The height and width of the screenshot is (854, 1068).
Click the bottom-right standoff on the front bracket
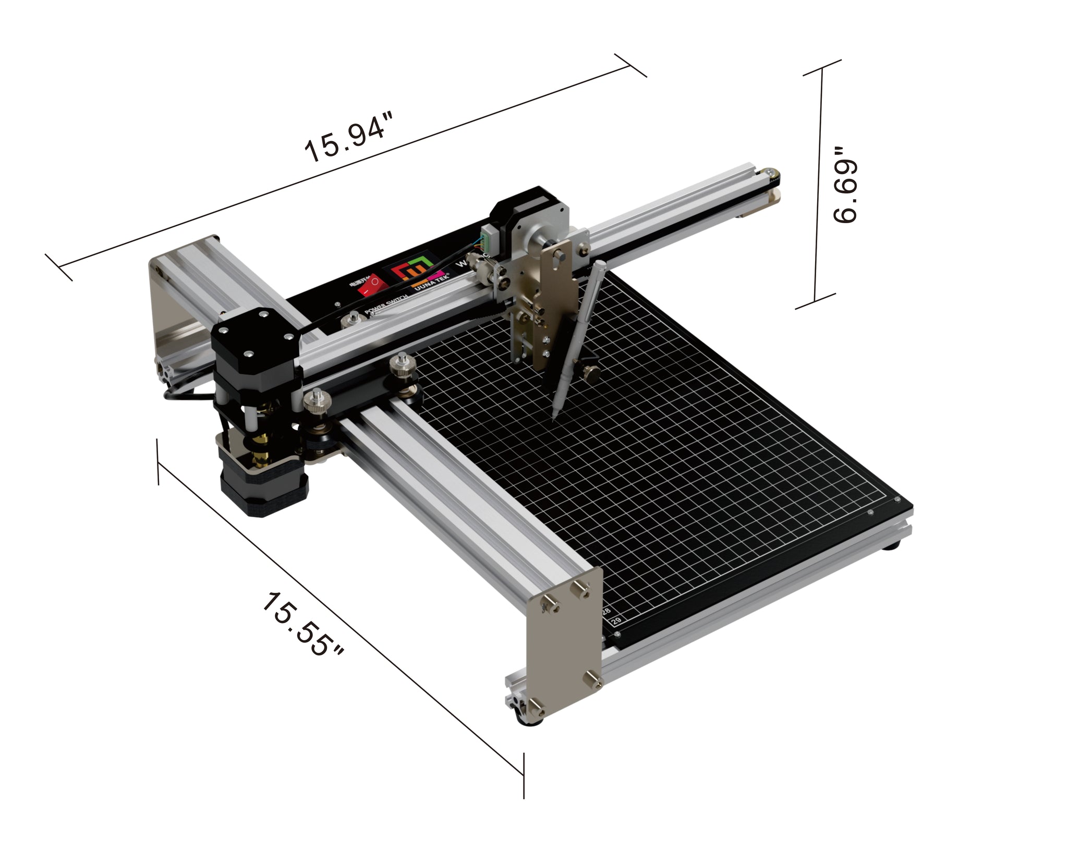594,678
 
